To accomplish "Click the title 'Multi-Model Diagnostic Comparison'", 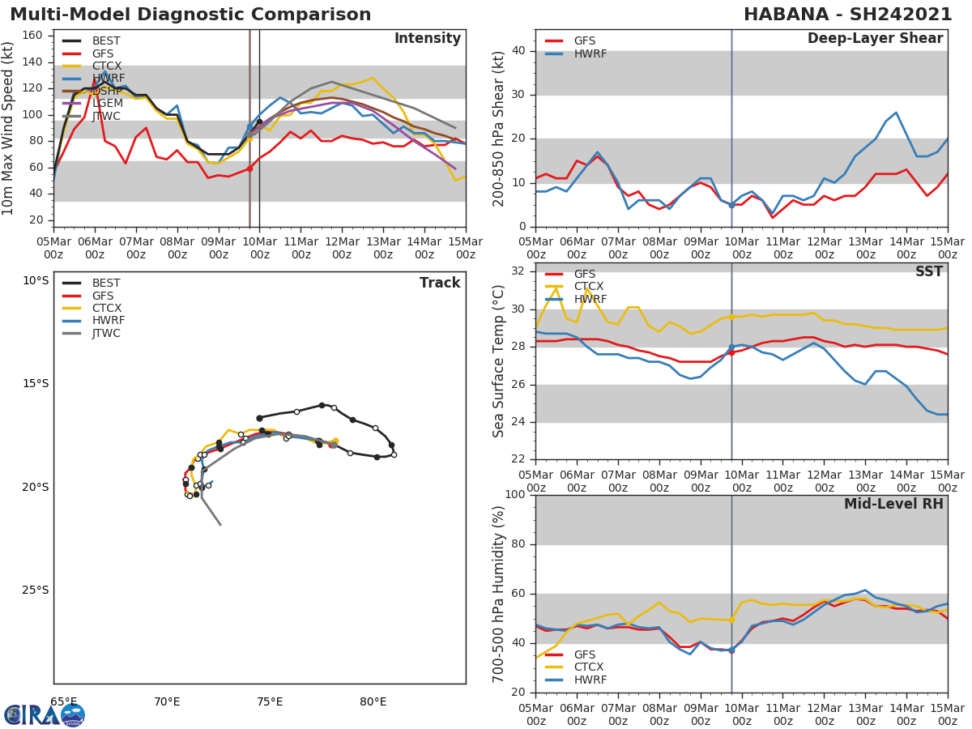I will coord(190,15).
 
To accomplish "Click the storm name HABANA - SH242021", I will coord(847,15).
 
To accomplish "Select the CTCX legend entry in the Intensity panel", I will coord(106,66).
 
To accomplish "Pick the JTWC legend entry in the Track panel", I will coord(106,333).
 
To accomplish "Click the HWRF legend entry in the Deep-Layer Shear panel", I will coord(590,53).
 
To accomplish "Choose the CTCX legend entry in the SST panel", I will coord(588,287).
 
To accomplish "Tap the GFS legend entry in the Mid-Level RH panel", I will coord(584,654).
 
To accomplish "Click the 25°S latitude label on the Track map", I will coord(36,590).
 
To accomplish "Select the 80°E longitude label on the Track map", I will coord(373,701).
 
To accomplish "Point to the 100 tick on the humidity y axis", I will coord(515,495).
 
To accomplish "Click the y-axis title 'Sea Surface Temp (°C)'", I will coord(499,360).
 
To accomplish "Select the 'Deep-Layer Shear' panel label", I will coord(875,39).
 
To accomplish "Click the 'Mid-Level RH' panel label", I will coord(893,504).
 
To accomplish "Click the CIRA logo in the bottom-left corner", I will coord(44,714).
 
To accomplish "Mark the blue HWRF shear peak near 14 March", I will coord(896,113).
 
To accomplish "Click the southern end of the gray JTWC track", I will coord(220,525).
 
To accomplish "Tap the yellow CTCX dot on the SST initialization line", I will coord(731,317).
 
